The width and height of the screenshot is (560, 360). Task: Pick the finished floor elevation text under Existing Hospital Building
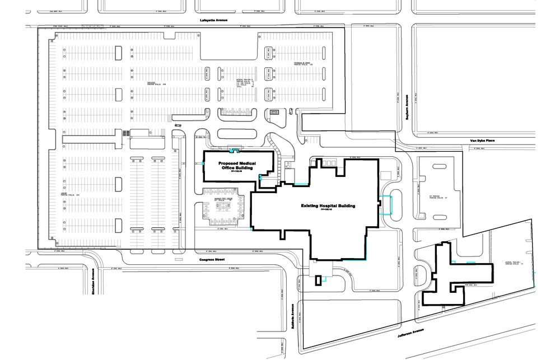point(327,212)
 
